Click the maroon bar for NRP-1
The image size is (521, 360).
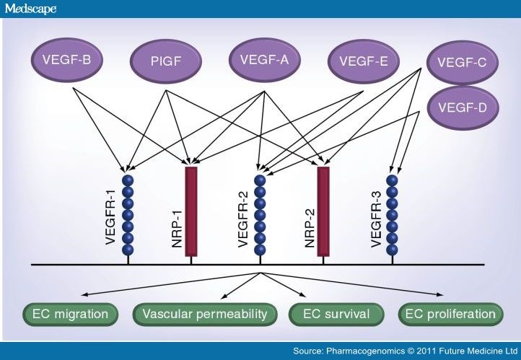[x=191, y=211]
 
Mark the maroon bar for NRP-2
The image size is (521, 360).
[x=323, y=211]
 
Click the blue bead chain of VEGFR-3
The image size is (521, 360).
[x=392, y=213]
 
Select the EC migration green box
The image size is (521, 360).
[x=71, y=315]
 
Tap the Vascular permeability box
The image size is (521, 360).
[x=206, y=315]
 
